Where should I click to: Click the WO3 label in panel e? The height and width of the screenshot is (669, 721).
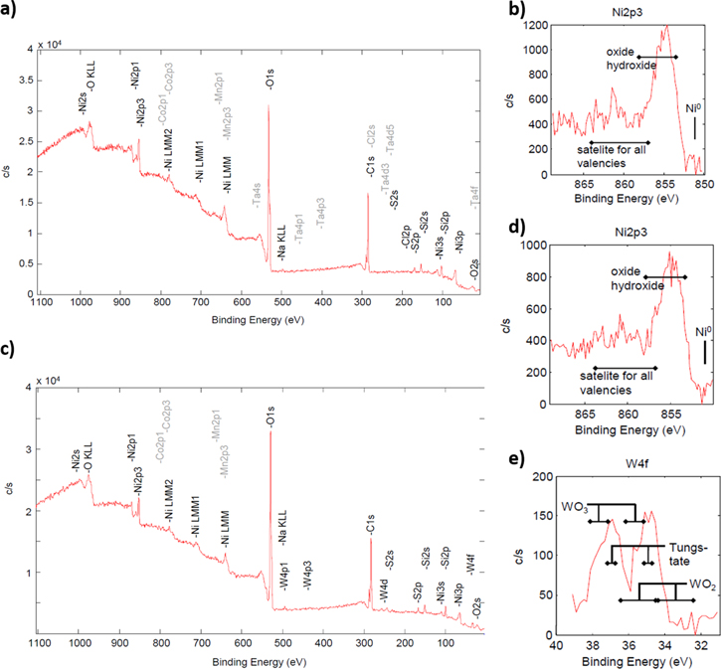[575, 507]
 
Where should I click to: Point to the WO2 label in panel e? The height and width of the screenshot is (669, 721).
[702, 580]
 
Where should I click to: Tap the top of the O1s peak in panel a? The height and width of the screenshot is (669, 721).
[269, 106]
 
